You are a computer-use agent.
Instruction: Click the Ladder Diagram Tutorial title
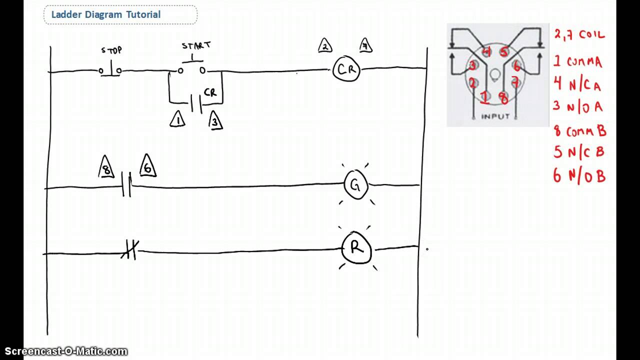[x=105, y=14]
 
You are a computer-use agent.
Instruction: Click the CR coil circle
[x=346, y=69]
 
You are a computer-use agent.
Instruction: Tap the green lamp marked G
[x=355, y=185]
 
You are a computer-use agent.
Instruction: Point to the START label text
[x=196, y=45]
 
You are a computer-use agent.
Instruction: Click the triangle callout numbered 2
[x=325, y=46]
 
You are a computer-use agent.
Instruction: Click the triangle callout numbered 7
[x=365, y=46]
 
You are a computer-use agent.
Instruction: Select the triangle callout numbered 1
[x=177, y=120]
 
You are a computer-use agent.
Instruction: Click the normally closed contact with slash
[x=129, y=249]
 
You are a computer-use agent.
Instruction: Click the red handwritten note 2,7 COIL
[x=579, y=35]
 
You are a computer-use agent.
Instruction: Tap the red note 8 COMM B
[x=579, y=131]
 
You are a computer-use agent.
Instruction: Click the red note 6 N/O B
[x=579, y=175]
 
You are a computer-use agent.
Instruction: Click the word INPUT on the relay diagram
[x=495, y=116]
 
